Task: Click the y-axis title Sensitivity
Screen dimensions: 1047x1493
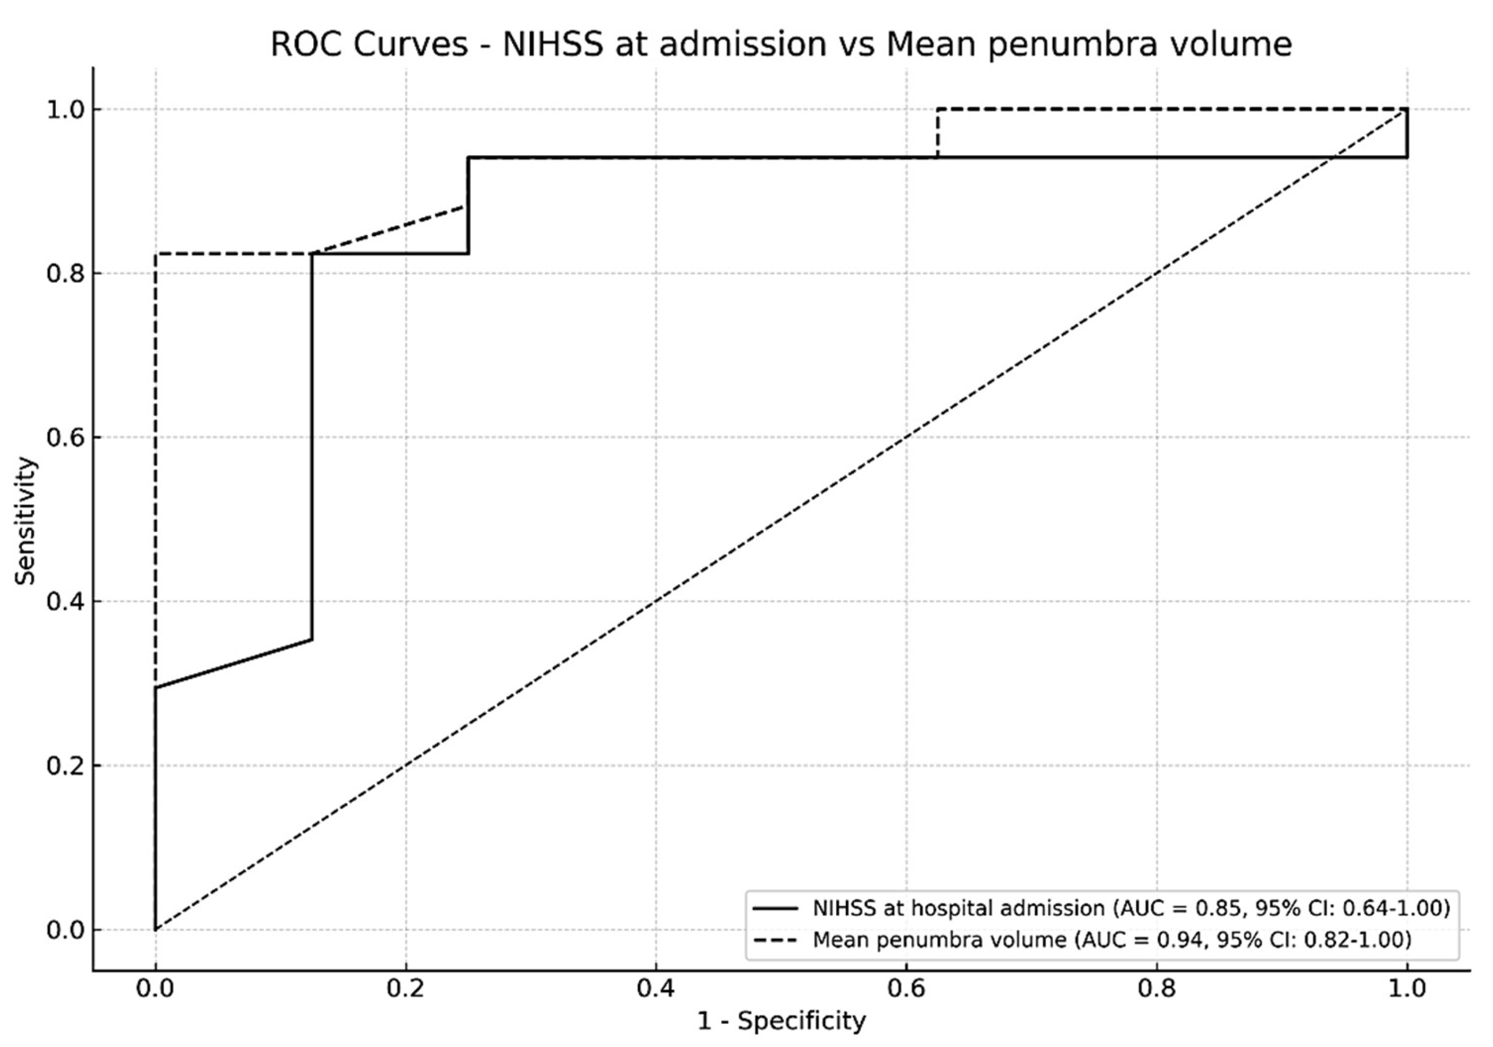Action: click(26, 520)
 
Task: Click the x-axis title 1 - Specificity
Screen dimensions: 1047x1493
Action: click(781, 1020)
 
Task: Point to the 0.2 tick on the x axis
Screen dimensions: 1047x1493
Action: click(405, 989)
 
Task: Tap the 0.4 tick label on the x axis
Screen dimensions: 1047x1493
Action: click(655, 989)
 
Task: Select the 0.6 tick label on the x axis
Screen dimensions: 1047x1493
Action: click(906, 989)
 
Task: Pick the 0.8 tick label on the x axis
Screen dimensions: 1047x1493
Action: click(1157, 989)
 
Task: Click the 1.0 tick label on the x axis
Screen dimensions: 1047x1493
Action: click(1407, 989)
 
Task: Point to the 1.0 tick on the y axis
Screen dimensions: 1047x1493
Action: click(66, 109)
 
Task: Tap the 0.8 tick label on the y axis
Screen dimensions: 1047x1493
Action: click(66, 274)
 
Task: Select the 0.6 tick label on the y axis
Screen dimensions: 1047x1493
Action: click(66, 437)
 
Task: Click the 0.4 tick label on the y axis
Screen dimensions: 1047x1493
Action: click(66, 602)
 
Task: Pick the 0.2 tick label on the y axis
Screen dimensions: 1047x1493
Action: click(66, 766)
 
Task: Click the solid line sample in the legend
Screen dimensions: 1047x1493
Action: click(775, 908)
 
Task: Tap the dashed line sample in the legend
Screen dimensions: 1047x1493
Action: click(775, 940)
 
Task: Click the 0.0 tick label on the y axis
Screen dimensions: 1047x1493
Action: click(66, 930)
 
